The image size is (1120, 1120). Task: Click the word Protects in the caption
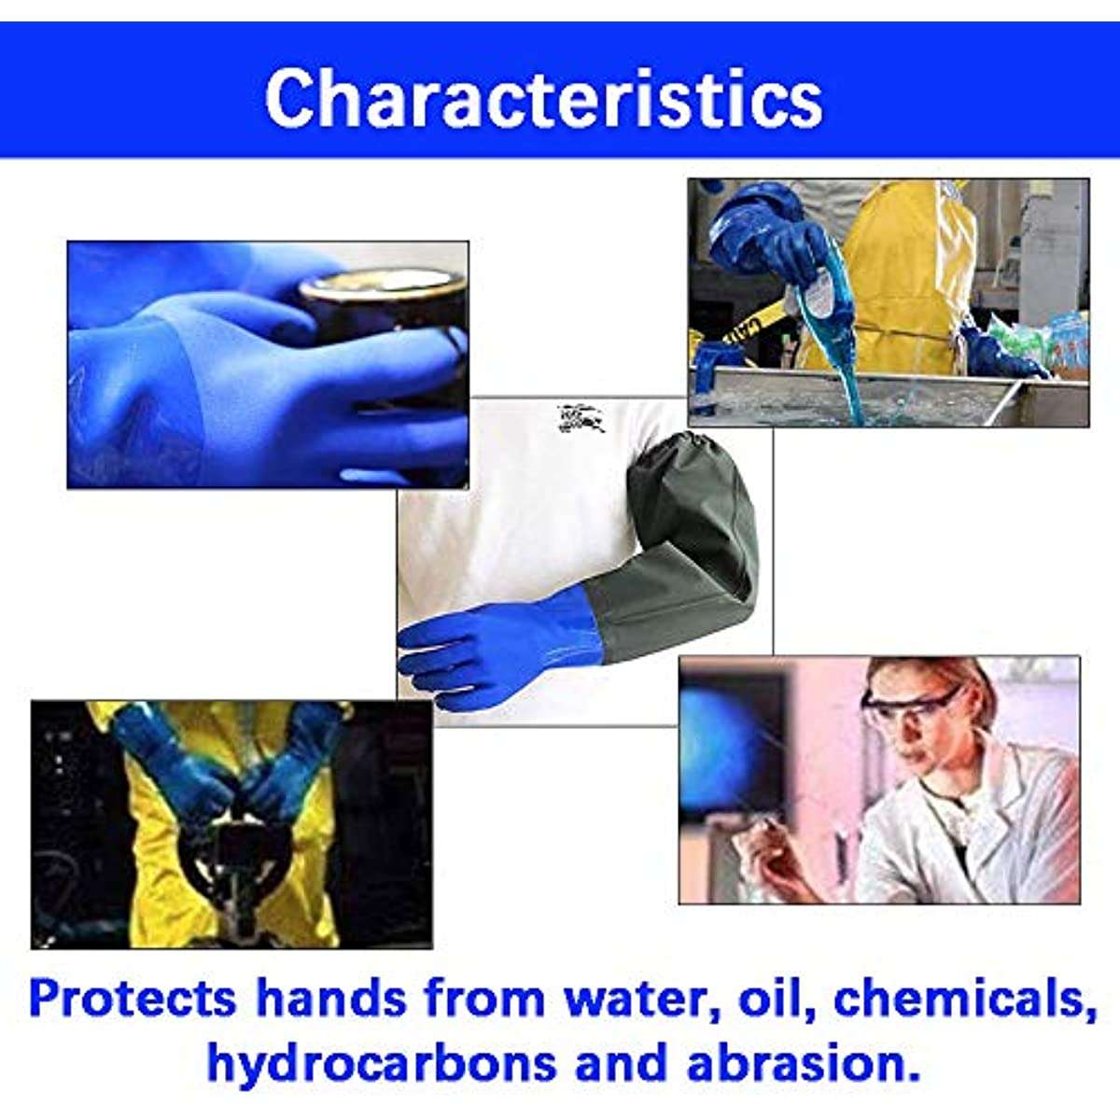pyautogui.click(x=132, y=999)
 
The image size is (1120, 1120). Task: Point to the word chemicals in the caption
pyautogui.click(x=961, y=999)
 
